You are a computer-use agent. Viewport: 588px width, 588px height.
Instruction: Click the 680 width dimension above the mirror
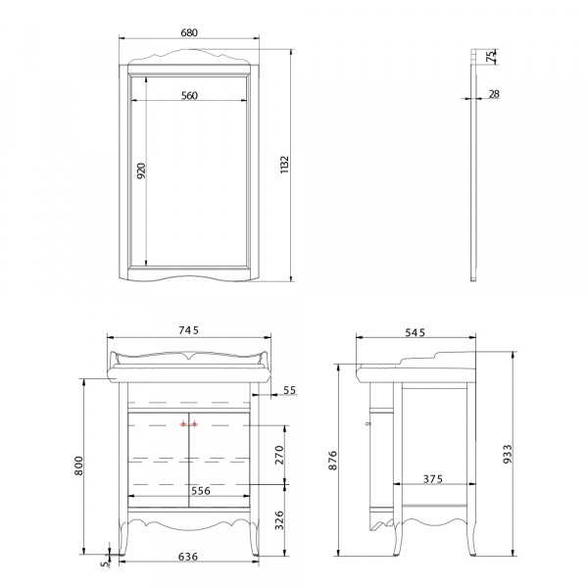click(x=189, y=32)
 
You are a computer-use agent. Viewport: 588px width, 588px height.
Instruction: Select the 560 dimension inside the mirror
click(x=189, y=96)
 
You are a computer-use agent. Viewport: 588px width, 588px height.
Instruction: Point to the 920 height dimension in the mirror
click(x=141, y=171)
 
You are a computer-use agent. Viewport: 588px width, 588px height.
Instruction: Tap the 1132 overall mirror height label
click(x=285, y=165)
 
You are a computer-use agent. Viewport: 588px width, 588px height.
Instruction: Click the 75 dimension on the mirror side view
click(x=491, y=56)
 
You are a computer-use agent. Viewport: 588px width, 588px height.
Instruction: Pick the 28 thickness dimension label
click(x=494, y=94)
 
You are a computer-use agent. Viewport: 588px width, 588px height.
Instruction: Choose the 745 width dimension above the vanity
click(x=188, y=330)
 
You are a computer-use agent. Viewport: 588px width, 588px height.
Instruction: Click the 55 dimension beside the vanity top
click(x=289, y=390)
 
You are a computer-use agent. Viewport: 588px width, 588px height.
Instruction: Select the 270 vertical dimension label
click(x=279, y=455)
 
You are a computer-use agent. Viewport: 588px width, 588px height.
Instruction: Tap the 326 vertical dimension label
click(x=279, y=520)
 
